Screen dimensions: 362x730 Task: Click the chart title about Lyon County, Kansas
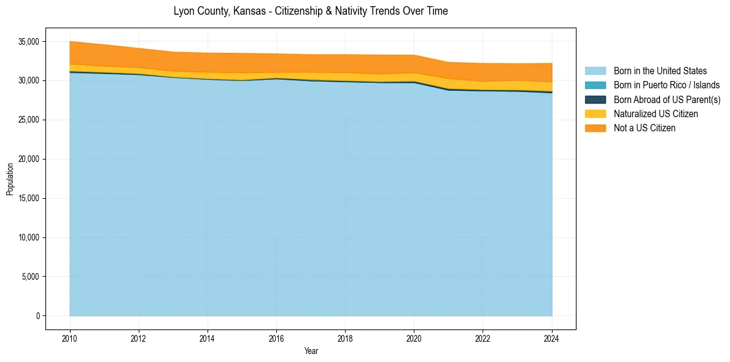311,11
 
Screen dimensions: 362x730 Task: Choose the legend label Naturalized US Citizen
656,114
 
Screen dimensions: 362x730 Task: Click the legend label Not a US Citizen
645,128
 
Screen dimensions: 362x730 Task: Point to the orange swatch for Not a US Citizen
595,128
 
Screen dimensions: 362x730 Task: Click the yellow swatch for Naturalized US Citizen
595,114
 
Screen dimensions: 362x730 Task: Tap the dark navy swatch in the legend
595,99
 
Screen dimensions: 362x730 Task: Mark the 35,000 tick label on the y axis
28,42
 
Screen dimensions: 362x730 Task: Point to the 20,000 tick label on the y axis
28,159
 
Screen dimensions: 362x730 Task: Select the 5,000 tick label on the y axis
30,277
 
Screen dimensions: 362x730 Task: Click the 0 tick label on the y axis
37,316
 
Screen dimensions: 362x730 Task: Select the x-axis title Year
311,351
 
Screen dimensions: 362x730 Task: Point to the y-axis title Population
10,179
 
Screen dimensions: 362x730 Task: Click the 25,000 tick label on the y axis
28,120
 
